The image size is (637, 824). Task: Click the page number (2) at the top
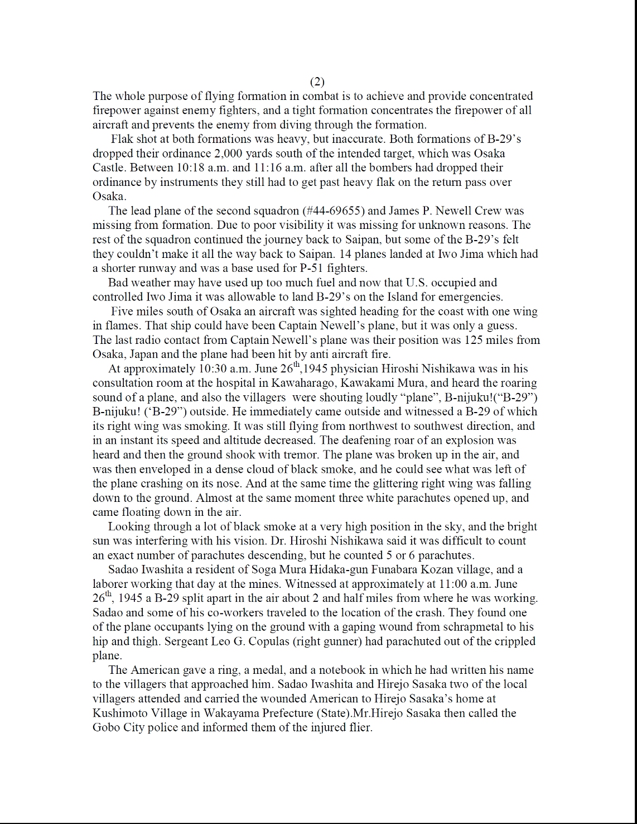[x=316, y=82]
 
